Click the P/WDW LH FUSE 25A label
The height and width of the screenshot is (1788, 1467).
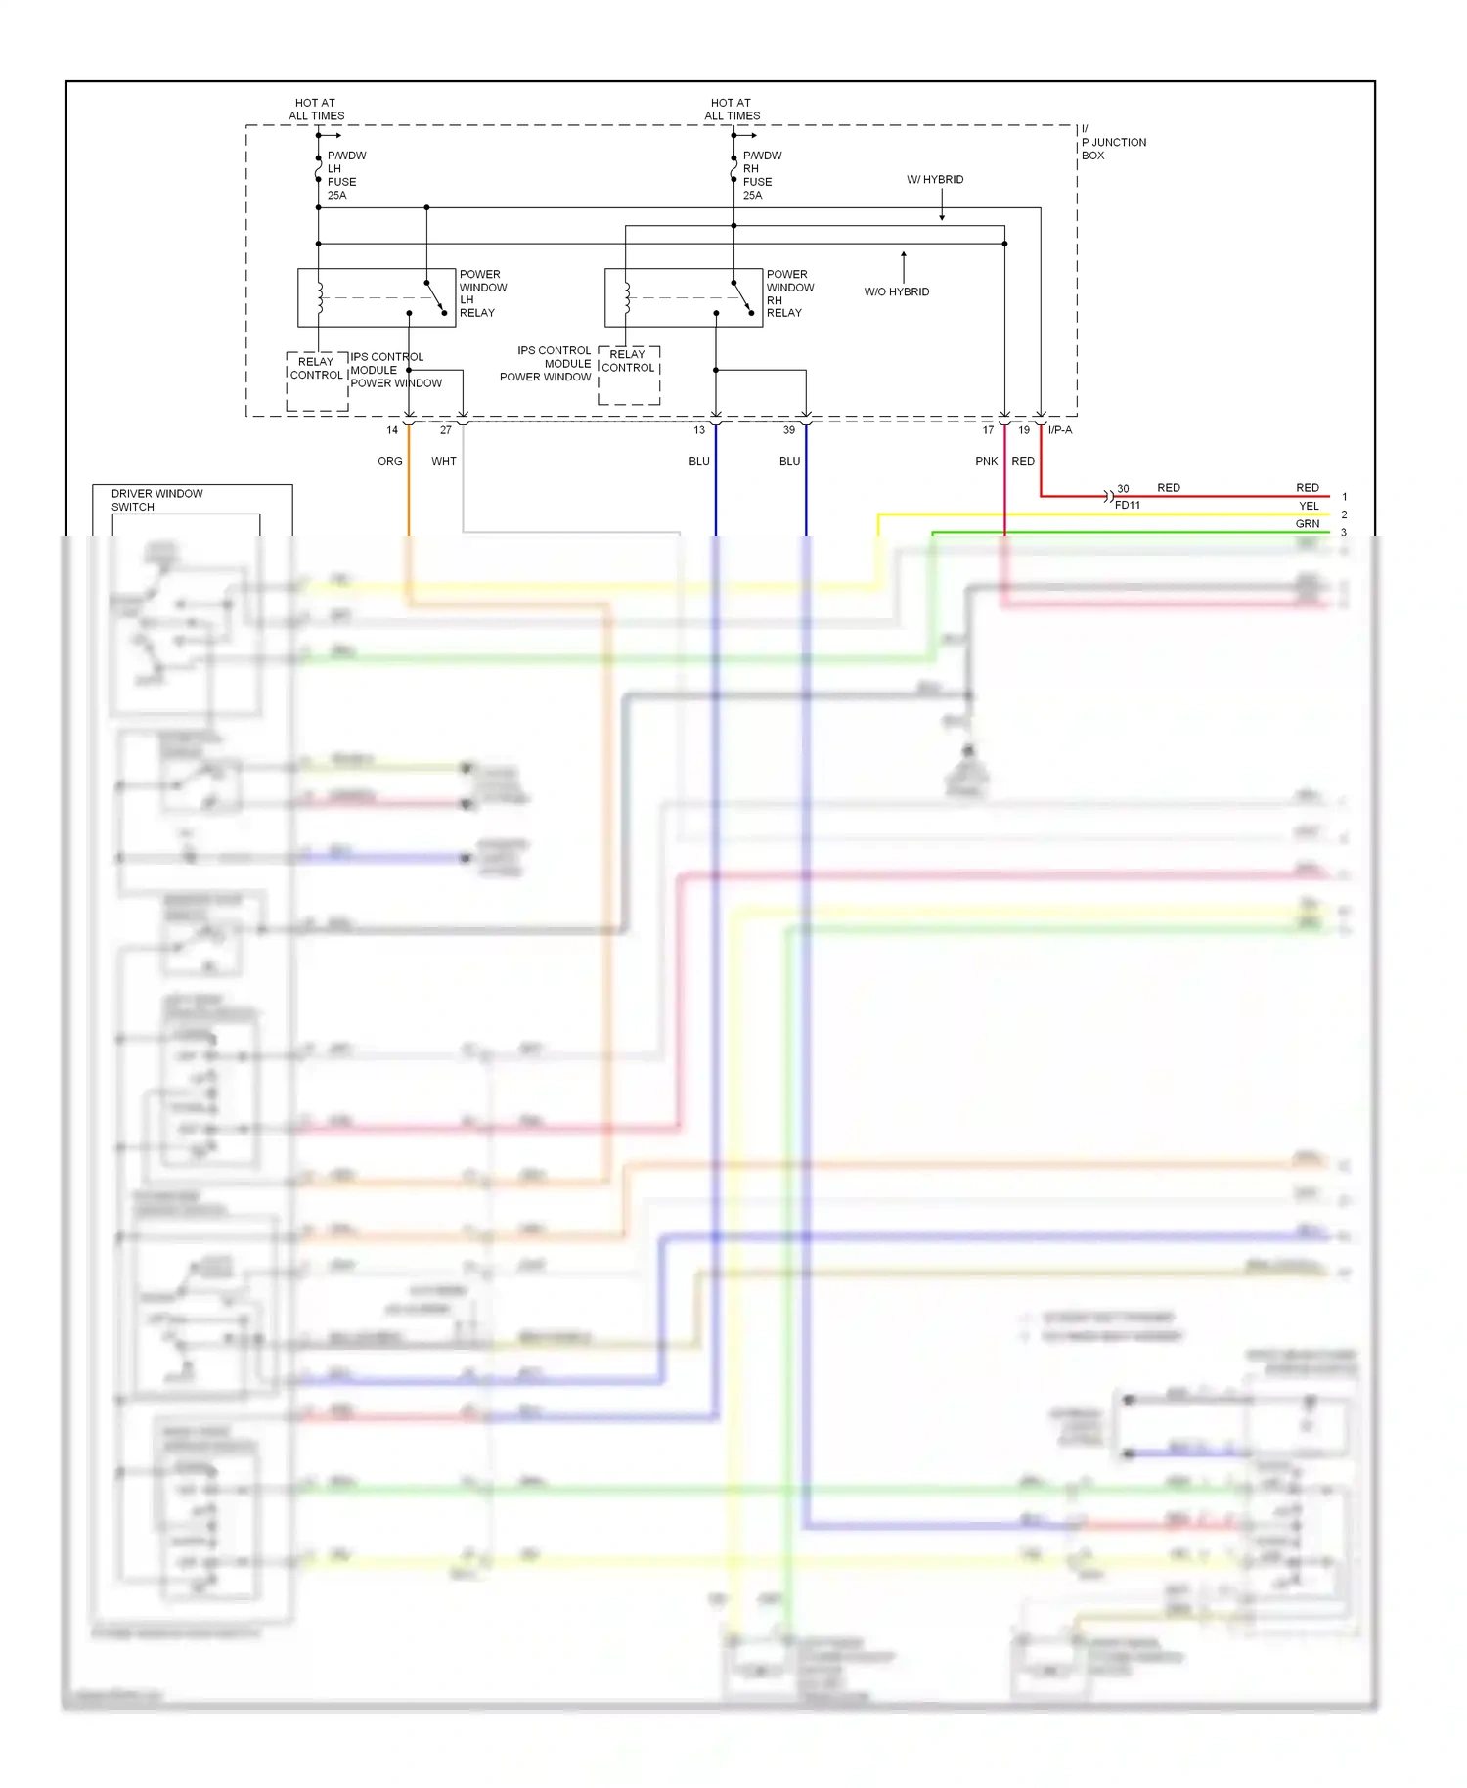344,175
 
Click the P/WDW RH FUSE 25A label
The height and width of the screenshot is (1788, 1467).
761,175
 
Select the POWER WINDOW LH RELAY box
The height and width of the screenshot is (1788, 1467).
377,297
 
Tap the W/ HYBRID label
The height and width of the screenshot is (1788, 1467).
935,180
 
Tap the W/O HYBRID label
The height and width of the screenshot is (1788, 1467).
897,291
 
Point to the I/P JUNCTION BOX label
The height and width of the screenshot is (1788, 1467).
1112,143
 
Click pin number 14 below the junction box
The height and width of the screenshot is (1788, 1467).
392,430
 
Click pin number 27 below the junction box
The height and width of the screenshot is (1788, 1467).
446,430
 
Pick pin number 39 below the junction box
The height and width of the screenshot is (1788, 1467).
789,430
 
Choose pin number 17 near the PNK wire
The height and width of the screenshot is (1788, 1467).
988,430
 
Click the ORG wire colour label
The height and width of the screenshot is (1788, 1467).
390,461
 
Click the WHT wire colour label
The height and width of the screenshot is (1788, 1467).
444,461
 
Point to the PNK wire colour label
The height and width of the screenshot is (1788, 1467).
987,461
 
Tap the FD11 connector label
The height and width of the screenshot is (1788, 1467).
1128,506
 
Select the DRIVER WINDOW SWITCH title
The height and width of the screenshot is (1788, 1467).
156,500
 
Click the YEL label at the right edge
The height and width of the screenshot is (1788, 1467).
1309,506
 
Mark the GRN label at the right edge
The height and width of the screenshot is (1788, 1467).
1308,524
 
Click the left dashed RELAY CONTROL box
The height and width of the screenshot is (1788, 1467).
317,380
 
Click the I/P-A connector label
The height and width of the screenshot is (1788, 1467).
1060,430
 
